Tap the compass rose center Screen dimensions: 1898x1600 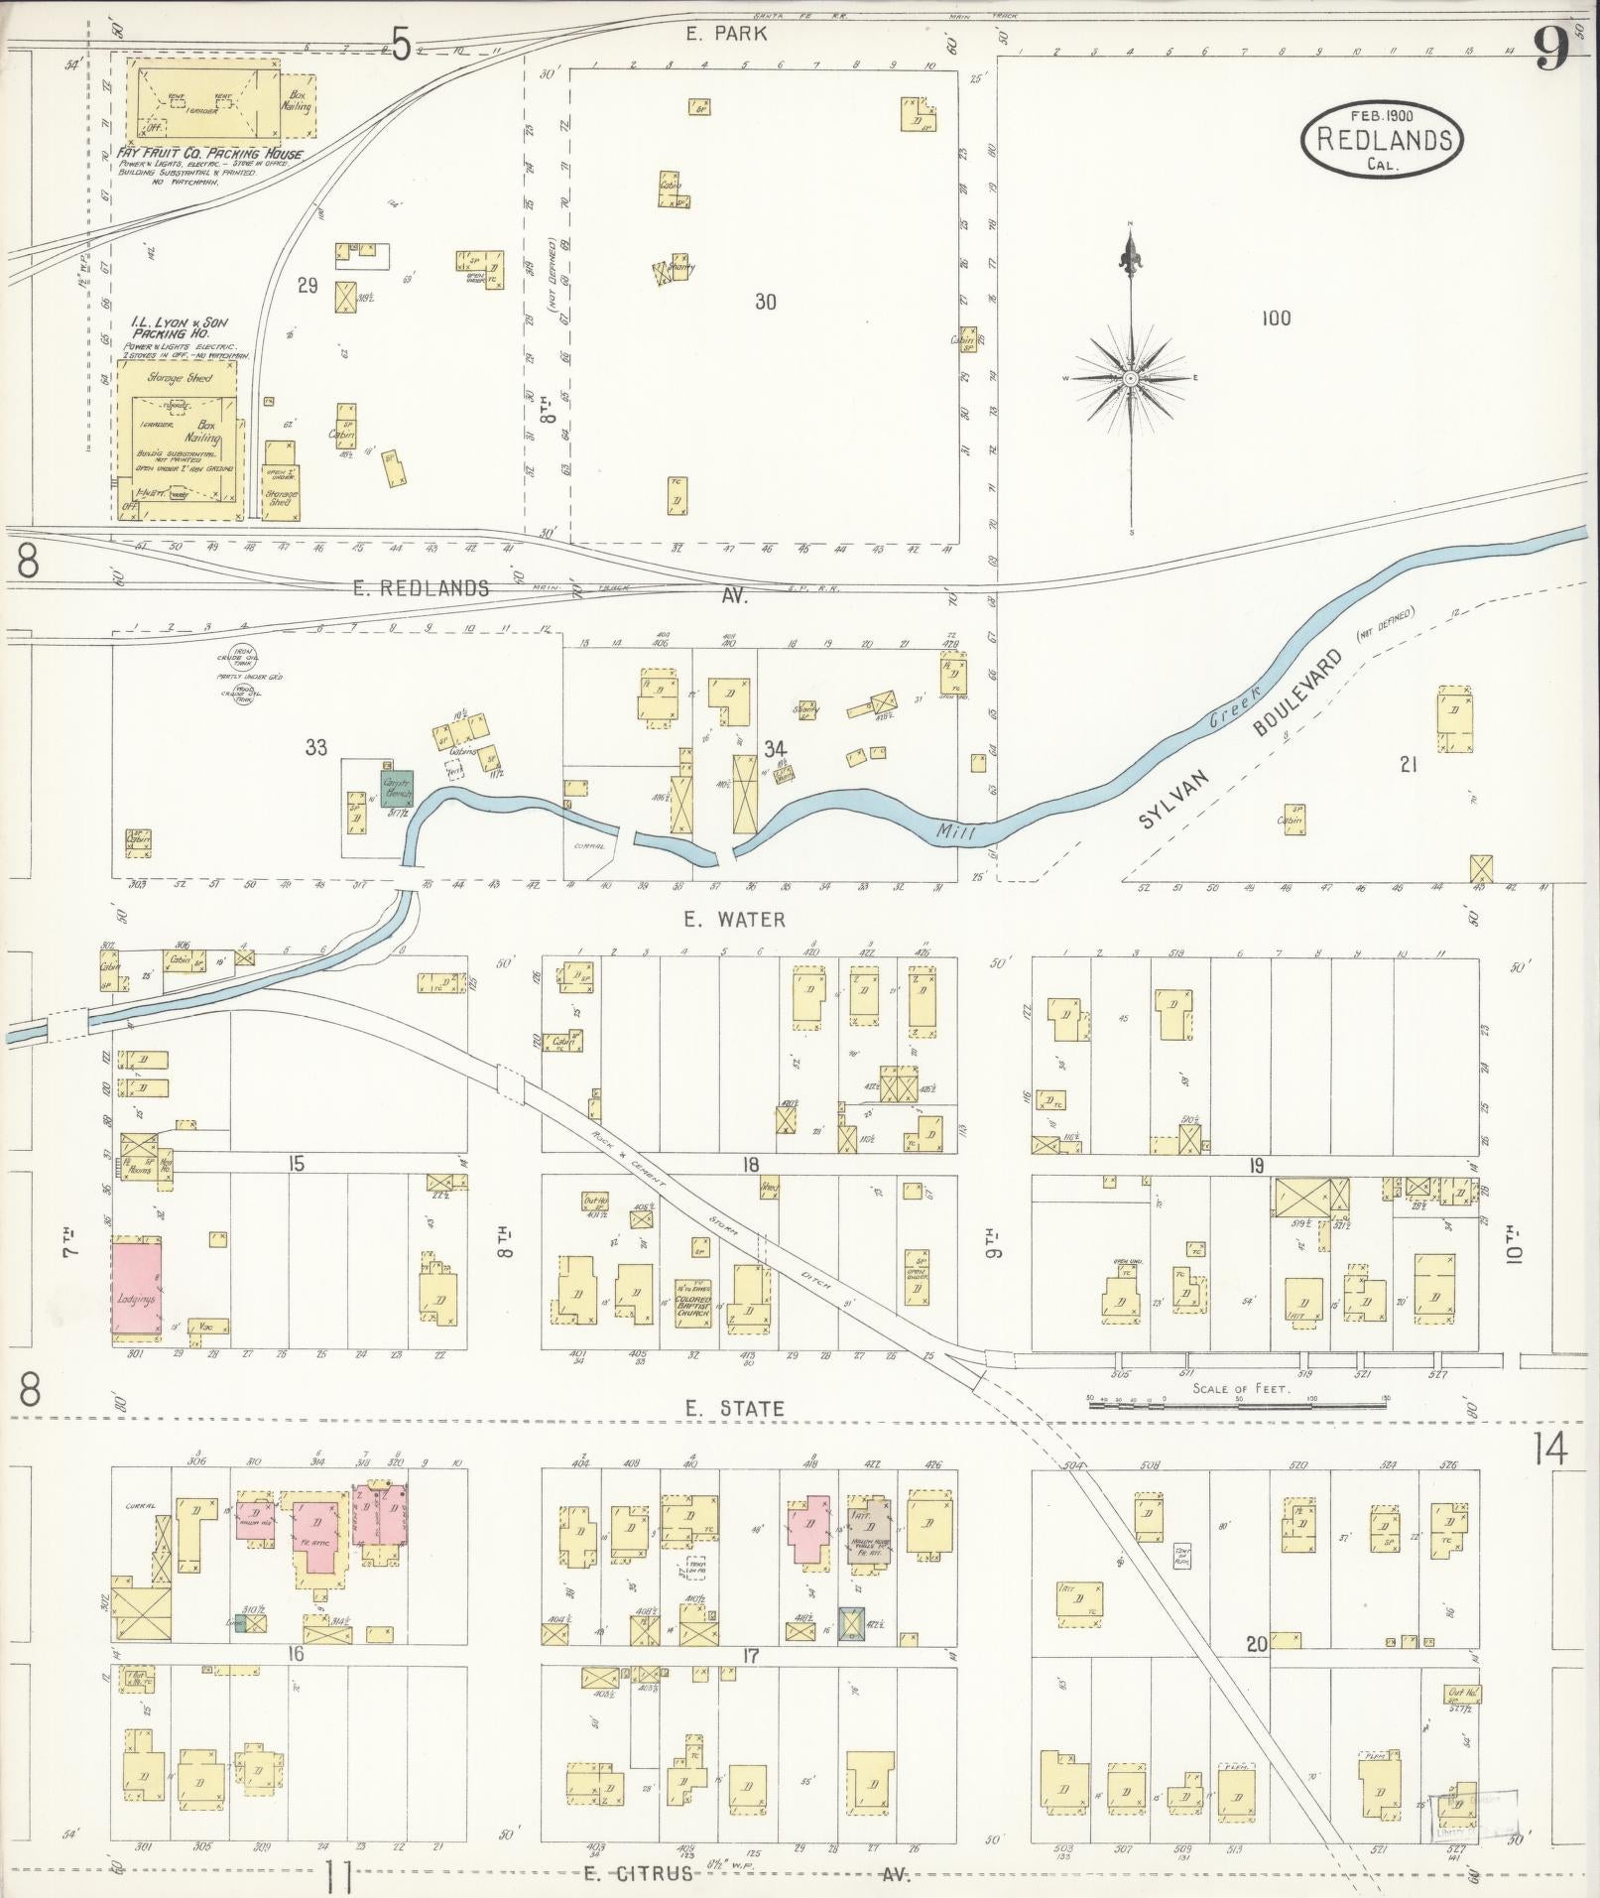[1130, 379]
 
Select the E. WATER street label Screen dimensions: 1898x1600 [735, 920]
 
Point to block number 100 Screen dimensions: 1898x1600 [1276, 318]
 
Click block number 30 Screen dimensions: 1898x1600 [764, 302]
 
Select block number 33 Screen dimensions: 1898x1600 [315, 748]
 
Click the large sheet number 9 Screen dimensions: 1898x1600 [1551, 49]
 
